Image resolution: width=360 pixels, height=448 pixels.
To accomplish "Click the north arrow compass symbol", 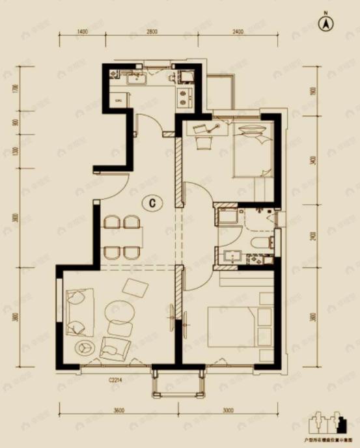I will (325, 23).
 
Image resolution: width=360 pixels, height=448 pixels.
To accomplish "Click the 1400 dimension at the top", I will (81, 31).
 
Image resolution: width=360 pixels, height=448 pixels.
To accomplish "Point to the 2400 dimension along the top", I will (236, 31).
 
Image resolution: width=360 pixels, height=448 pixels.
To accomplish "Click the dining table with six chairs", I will (124, 237).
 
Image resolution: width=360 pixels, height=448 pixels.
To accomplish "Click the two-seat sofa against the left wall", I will (79, 311).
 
